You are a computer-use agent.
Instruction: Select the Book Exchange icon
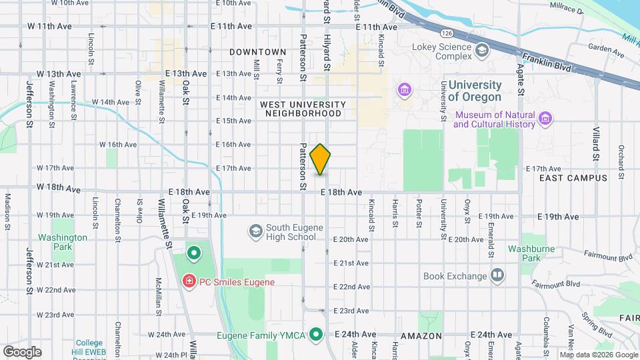(497, 275)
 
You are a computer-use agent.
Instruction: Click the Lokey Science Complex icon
(481, 51)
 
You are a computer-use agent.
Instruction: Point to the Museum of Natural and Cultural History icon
(545, 119)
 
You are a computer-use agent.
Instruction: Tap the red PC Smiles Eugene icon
(189, 282)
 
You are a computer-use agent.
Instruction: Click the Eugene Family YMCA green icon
(317, 334)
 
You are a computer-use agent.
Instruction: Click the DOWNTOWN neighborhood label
(257, 52)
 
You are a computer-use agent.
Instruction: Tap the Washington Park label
(63, 242)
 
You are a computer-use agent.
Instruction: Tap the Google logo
(21, 351)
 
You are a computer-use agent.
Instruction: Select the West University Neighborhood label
(303, 109)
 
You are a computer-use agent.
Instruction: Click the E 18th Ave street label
(341, 192)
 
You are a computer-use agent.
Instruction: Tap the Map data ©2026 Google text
(598, 355)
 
